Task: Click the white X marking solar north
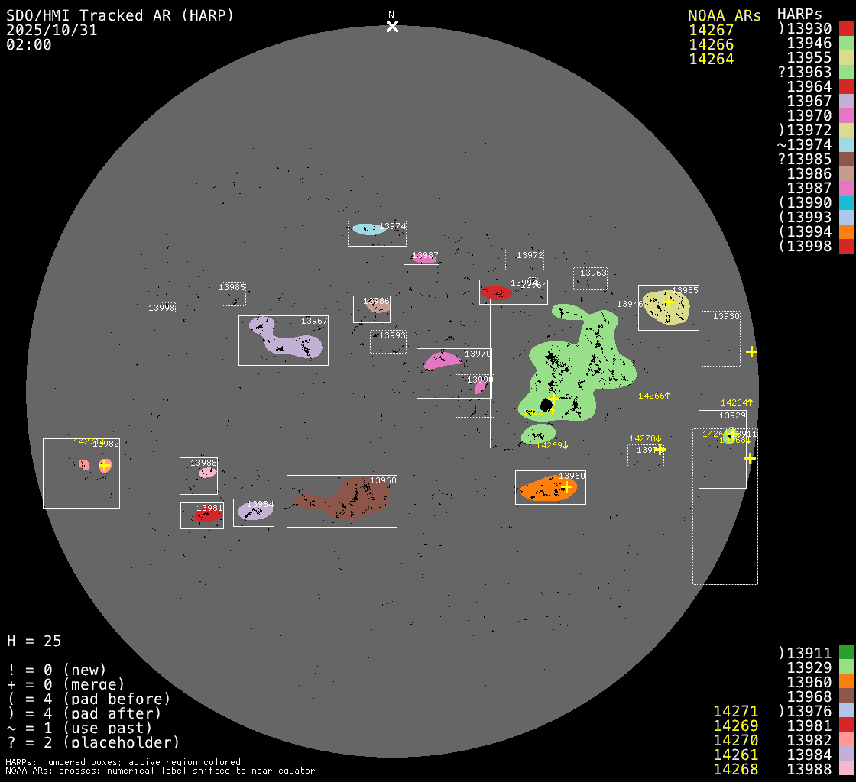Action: click(392, 27)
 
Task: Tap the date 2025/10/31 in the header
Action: click(52, 30)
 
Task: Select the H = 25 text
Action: click(34, 641)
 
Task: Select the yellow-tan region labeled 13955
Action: click(665, 307)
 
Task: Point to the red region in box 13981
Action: click(207, 516)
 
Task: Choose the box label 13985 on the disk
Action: click(232, 287)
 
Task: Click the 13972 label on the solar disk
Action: click(530, 255)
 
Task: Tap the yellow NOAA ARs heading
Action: click(724, 15)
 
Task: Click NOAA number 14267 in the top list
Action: click(711, 30)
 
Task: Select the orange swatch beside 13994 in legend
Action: click(846, 231)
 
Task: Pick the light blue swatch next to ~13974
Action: click(846, 144)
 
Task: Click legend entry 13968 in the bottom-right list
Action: click(809, 696)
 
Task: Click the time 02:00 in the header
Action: click(29, 44)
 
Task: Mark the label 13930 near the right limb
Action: click(726, 316)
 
